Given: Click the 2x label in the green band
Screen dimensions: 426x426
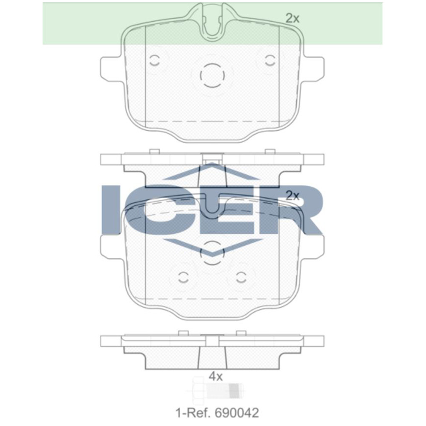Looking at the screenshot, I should pos(293,18).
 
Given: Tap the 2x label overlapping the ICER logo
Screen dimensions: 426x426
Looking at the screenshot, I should pos(293,196).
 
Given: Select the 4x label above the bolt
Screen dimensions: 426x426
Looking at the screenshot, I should pos(216,376).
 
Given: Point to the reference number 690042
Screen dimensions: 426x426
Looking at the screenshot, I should pos(237,412).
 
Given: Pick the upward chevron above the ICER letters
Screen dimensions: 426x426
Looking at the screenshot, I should pos(213,170).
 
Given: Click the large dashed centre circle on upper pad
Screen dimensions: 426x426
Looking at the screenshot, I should pos(213,76).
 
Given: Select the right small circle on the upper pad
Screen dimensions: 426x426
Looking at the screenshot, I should pos(270,60).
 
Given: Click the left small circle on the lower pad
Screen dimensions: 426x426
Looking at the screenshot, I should pos(184,277).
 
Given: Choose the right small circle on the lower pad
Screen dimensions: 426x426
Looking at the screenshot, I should pos(242,277).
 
